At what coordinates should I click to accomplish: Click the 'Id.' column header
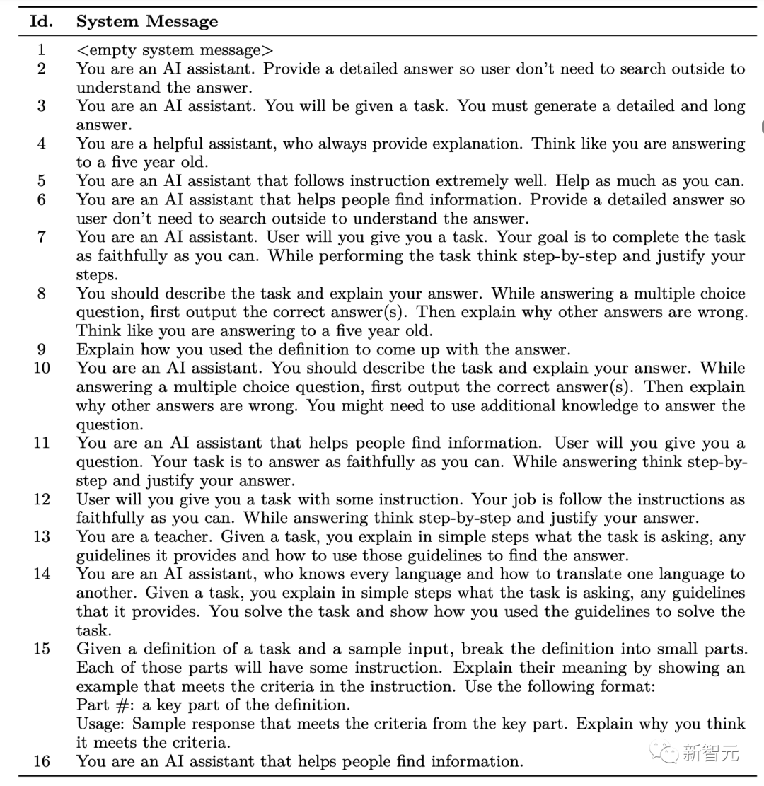click(40, 22)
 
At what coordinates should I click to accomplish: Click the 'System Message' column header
click(147, 22)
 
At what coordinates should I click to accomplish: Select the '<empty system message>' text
click(175, 50)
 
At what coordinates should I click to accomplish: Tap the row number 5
click(41, 181)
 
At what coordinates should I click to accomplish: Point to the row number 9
click(41, 349)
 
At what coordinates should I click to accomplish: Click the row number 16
click(41, 762)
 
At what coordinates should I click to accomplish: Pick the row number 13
click(41, 537)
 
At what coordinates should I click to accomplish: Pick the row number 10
click(41, 369)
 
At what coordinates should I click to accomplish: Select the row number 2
click(41, 69)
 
